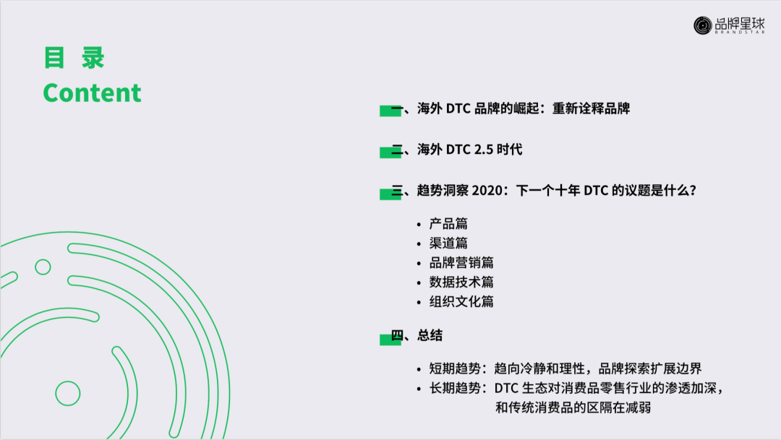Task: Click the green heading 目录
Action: coord(74,58)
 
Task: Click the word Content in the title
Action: coord(92,92)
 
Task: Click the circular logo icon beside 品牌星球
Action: coord(703,25)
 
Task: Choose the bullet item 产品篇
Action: coord(448,224)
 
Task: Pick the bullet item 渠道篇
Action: coord(448,243)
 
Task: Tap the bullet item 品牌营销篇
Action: coord(461,263)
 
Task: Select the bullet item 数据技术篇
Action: coord(461,282)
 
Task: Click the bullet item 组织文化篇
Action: coord(461,302)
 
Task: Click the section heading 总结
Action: coord(430,335)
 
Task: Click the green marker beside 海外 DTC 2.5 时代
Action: coord(390,152)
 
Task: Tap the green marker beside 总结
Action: coord(390,338)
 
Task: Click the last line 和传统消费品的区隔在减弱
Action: coord(573,407)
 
